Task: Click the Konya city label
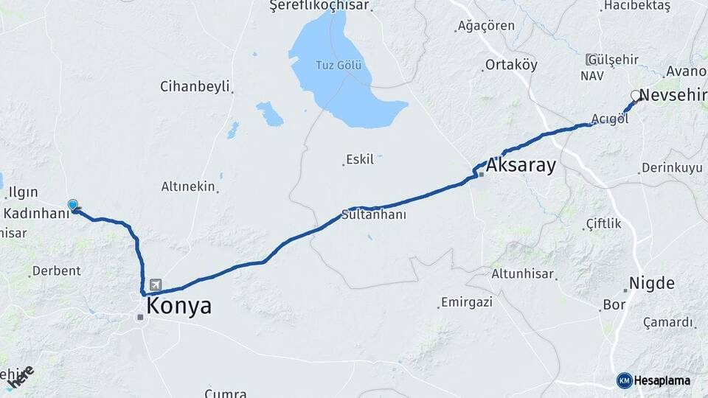(x=179, y=306)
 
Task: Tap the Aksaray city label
(x=521, y=167)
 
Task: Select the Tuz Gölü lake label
(x=339, y=65)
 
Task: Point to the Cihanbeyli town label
(x=195, y=86)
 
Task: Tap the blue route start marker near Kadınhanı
(x=73, y=206)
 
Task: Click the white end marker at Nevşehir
(x=636, y=95)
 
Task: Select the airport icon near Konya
(x=156, y=284)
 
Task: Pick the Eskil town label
(x=360, y=159)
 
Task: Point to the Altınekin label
(x=188, y=186)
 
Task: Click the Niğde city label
(x=651, y=283)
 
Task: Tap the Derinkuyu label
(x=672, y=168)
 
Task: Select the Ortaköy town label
(x=511, y=65)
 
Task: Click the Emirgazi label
(x=465, y=302)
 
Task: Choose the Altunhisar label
(x=522, y=273)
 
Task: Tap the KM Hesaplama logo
(x=653, y=380)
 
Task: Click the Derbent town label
(x=57, y=270)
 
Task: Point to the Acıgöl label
(x=609, y=119)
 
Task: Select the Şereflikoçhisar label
(x=319, y=6)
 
